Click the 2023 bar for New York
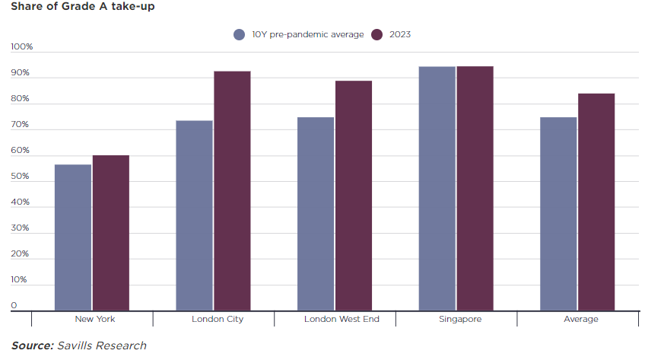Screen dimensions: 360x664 111,232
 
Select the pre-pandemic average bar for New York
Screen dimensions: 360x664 73,237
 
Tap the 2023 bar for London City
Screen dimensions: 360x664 232,190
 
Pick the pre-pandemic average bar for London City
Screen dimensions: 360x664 194,215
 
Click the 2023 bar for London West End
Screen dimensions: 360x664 354,195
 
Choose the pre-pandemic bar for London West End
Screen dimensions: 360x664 316,213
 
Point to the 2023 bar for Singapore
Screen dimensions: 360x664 475,188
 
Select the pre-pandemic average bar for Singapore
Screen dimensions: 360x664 437,188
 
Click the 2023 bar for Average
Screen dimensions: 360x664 596,202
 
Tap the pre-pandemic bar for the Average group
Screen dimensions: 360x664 558,213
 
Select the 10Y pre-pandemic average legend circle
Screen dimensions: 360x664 240,34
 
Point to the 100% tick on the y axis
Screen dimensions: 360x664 22,47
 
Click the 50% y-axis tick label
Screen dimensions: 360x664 20,177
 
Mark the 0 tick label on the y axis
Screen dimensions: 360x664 14,306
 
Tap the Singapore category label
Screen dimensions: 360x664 460,319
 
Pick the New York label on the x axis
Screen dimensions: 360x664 95,319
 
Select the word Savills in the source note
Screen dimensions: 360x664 76,346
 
